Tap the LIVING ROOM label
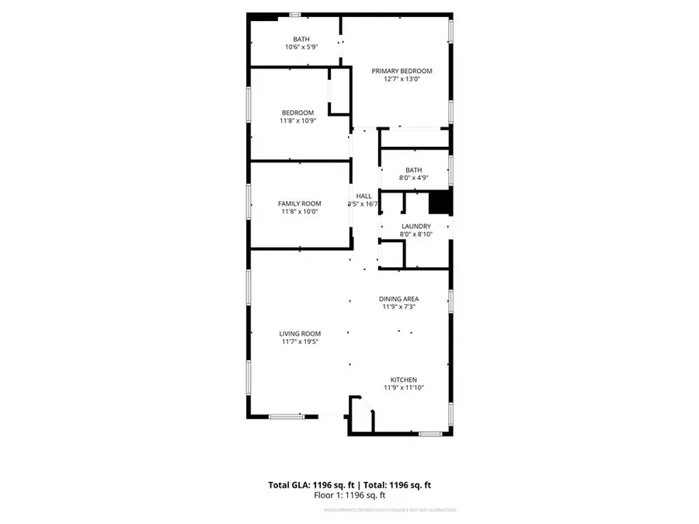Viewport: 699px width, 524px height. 300,333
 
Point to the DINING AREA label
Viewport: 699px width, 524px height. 399,299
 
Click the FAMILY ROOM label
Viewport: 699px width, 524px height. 299,203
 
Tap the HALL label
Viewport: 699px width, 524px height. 363,196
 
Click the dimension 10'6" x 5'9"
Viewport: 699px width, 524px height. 301,47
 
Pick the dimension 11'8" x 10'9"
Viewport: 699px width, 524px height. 297,120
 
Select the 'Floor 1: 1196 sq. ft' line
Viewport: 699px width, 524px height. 349,495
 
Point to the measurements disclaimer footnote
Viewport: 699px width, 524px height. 388,510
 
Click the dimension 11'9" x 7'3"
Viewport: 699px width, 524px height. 399,307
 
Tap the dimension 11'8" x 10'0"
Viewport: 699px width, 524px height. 299,211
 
